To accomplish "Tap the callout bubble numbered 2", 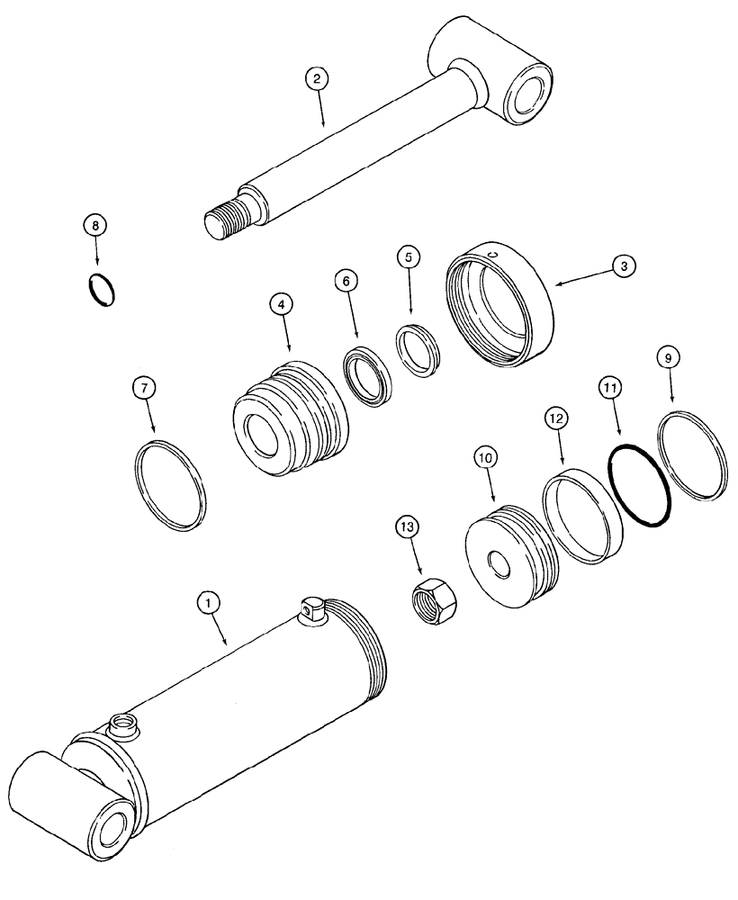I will [x=316, y=78].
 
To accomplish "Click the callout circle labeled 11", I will [x=612, y=389].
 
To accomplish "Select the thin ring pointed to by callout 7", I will [x=169, y=483].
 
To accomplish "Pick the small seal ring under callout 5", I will [x=418, y=347].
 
